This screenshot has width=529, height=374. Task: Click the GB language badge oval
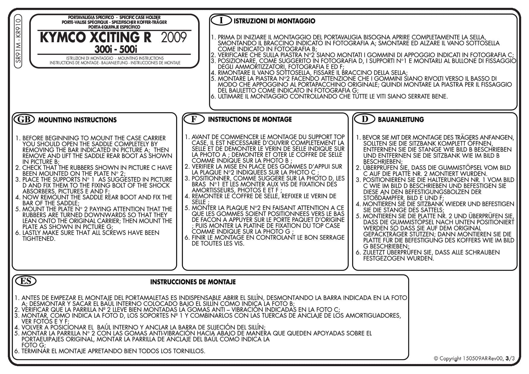click(x=24, y=119)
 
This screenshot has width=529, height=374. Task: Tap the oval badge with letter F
click(x=194, y=119)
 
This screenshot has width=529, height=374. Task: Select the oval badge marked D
click(x=364, y=119)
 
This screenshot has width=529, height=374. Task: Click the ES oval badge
click(x=26, y=281)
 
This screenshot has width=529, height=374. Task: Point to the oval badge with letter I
click(x=221, y=21)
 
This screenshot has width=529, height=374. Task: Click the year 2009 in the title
click(x=174, y=37)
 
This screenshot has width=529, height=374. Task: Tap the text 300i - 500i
click(x=116, y=49)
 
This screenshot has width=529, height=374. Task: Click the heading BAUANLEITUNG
click(x=401, y=119)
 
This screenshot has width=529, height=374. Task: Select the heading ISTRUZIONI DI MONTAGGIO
click(x=274, y=21)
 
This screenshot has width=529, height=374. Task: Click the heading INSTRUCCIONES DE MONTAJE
click(x=193, y=282)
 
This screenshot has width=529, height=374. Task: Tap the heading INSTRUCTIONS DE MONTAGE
click(x=250, y=119)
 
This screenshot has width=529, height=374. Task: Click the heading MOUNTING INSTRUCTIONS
click(x=77, y=120)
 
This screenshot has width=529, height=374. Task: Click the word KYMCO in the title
click(x=63, y=37)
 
